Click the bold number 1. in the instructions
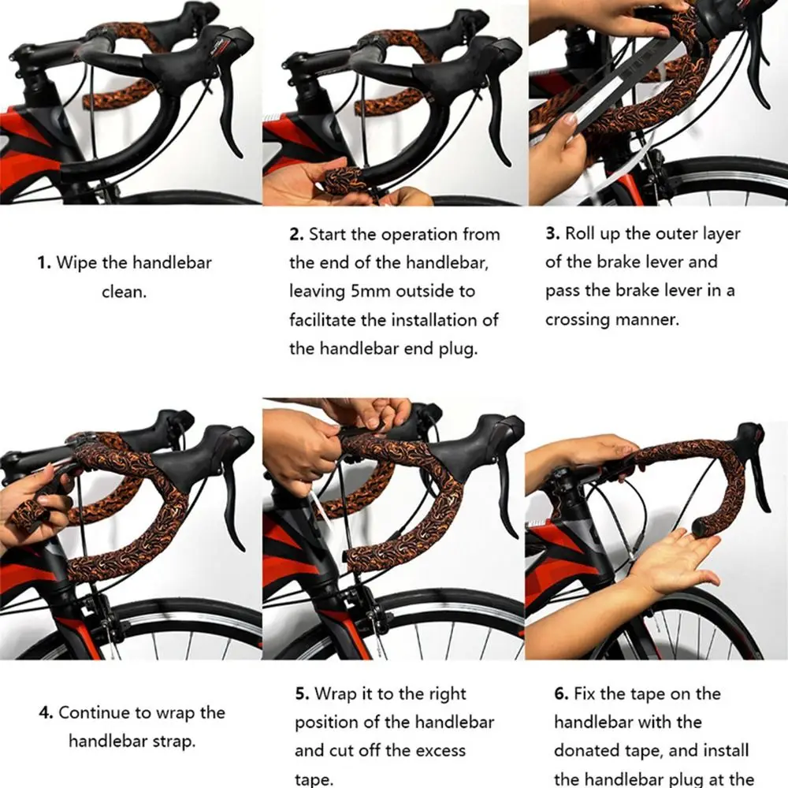click(44, 263)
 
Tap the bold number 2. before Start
click(296, 235)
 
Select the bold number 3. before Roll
click(553, 234)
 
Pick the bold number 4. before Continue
click(46, 712)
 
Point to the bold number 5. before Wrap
click(302, 694)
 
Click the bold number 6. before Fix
click(561, 694)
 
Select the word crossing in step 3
click(578, 320)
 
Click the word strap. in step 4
click(173, 742)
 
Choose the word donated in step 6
click(586, 750)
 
